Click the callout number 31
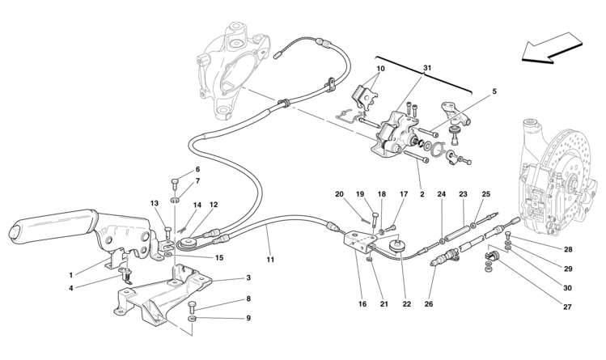pyautogui.click(x=428, y=68)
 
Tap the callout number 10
pyautogui.click(x=380, y=70)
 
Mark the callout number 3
pyautogui.click(x=249, y=277)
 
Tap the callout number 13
pyautogui.click(x=155, y=204)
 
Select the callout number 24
pyautogui.click(x=442, y=194)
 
